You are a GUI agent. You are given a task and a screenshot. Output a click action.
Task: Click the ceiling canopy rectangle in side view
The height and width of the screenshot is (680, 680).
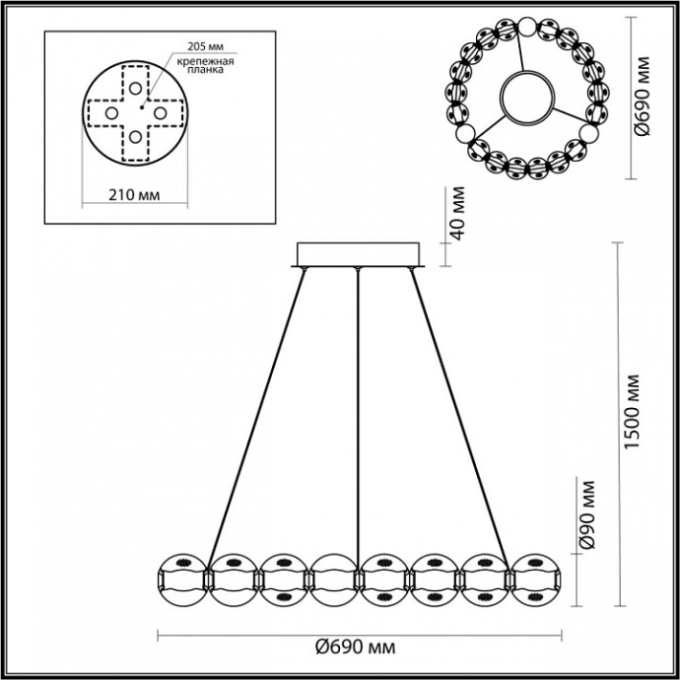359,254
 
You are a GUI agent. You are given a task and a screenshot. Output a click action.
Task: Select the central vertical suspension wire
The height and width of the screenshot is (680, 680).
359,414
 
